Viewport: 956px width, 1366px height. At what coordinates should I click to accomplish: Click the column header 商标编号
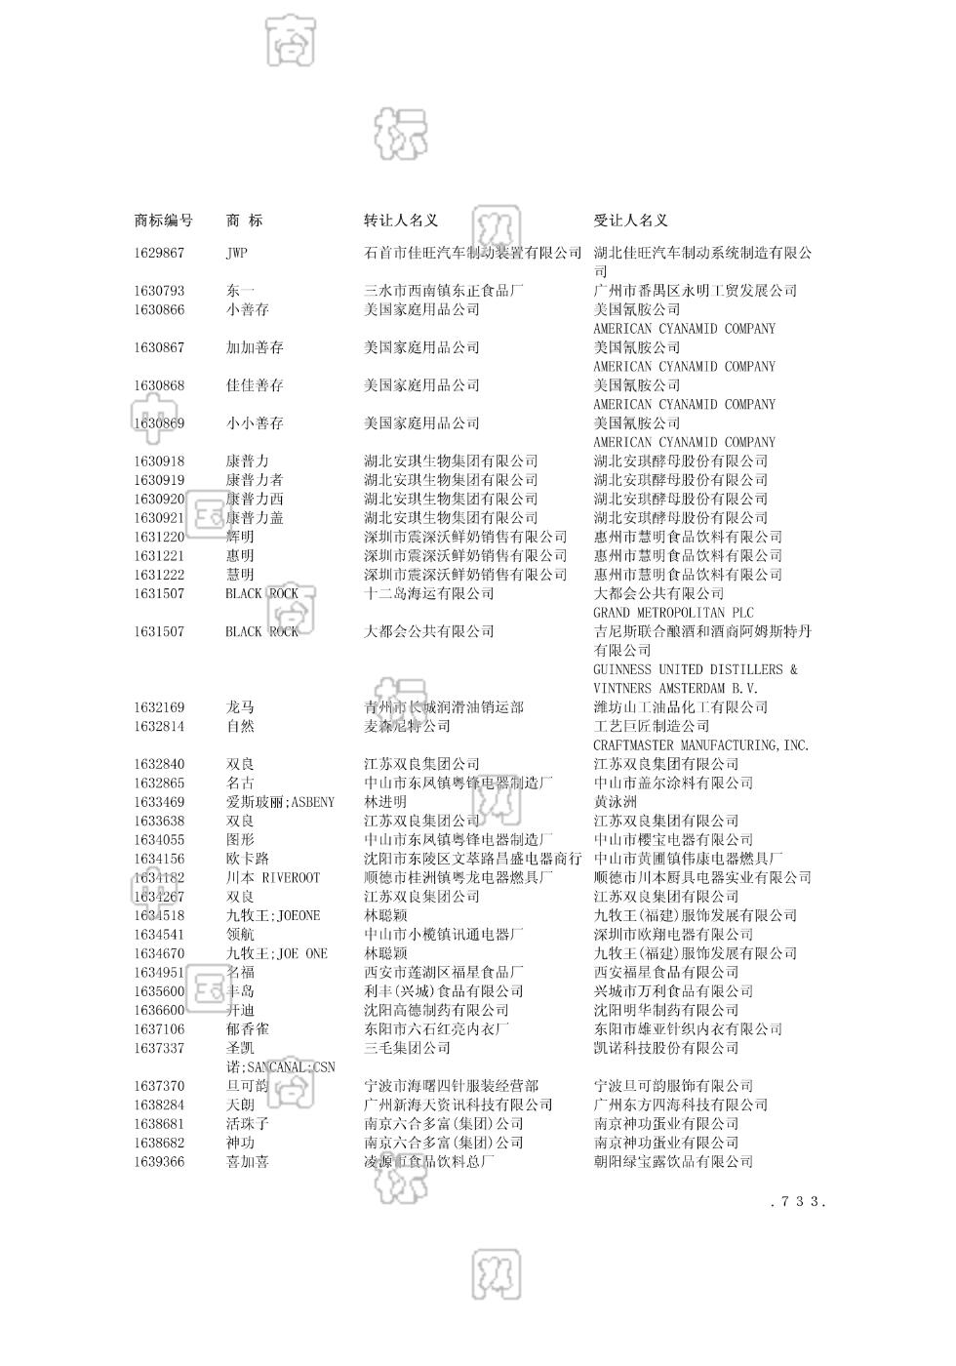point(163,221)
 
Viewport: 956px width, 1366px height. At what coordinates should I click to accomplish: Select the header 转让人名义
point(401,221)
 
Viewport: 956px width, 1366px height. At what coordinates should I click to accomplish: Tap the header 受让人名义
point(631,221)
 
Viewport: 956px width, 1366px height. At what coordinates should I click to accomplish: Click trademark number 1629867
point(159,253)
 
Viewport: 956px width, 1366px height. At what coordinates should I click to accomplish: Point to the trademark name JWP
point(237,253)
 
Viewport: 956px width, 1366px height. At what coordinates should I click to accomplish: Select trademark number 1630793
point(159,291)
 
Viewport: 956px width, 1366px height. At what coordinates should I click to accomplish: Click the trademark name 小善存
point(248,309)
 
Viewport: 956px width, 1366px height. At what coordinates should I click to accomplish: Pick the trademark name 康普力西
point(255,499)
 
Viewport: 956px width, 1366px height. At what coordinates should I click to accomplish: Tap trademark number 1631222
point(159,575)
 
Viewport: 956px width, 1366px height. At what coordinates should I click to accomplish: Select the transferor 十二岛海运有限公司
point(429,593)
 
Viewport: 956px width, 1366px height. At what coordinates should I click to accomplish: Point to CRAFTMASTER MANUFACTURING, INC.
point(701,745)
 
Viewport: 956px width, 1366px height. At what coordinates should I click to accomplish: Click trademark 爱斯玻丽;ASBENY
point(280,802)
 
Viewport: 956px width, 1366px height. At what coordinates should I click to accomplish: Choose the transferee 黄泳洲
point(615,802)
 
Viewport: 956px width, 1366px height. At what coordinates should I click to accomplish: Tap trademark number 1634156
point(159,859)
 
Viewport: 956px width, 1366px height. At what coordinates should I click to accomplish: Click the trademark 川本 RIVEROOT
point(272,878)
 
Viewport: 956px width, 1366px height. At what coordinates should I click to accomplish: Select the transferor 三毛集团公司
point(408,1048)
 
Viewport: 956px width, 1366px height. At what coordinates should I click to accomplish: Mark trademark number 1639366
point(159,1162)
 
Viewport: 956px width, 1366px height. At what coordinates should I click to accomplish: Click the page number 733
point(797,1202)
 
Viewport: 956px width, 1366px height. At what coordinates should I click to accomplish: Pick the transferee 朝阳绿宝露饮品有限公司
point(673,1162)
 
